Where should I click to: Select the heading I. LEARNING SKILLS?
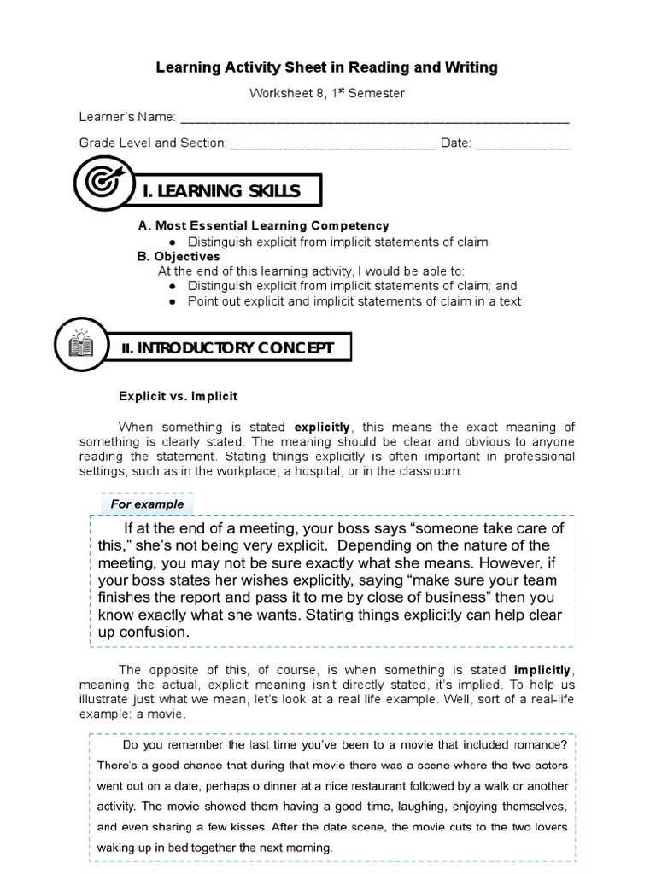221,191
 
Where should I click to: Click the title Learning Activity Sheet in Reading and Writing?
326,67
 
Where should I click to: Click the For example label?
147,504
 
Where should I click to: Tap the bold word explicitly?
322,427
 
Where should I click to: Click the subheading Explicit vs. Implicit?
178,396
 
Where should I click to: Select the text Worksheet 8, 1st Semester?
326,92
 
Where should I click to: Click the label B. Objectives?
179,256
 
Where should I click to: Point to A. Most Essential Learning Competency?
263,226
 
